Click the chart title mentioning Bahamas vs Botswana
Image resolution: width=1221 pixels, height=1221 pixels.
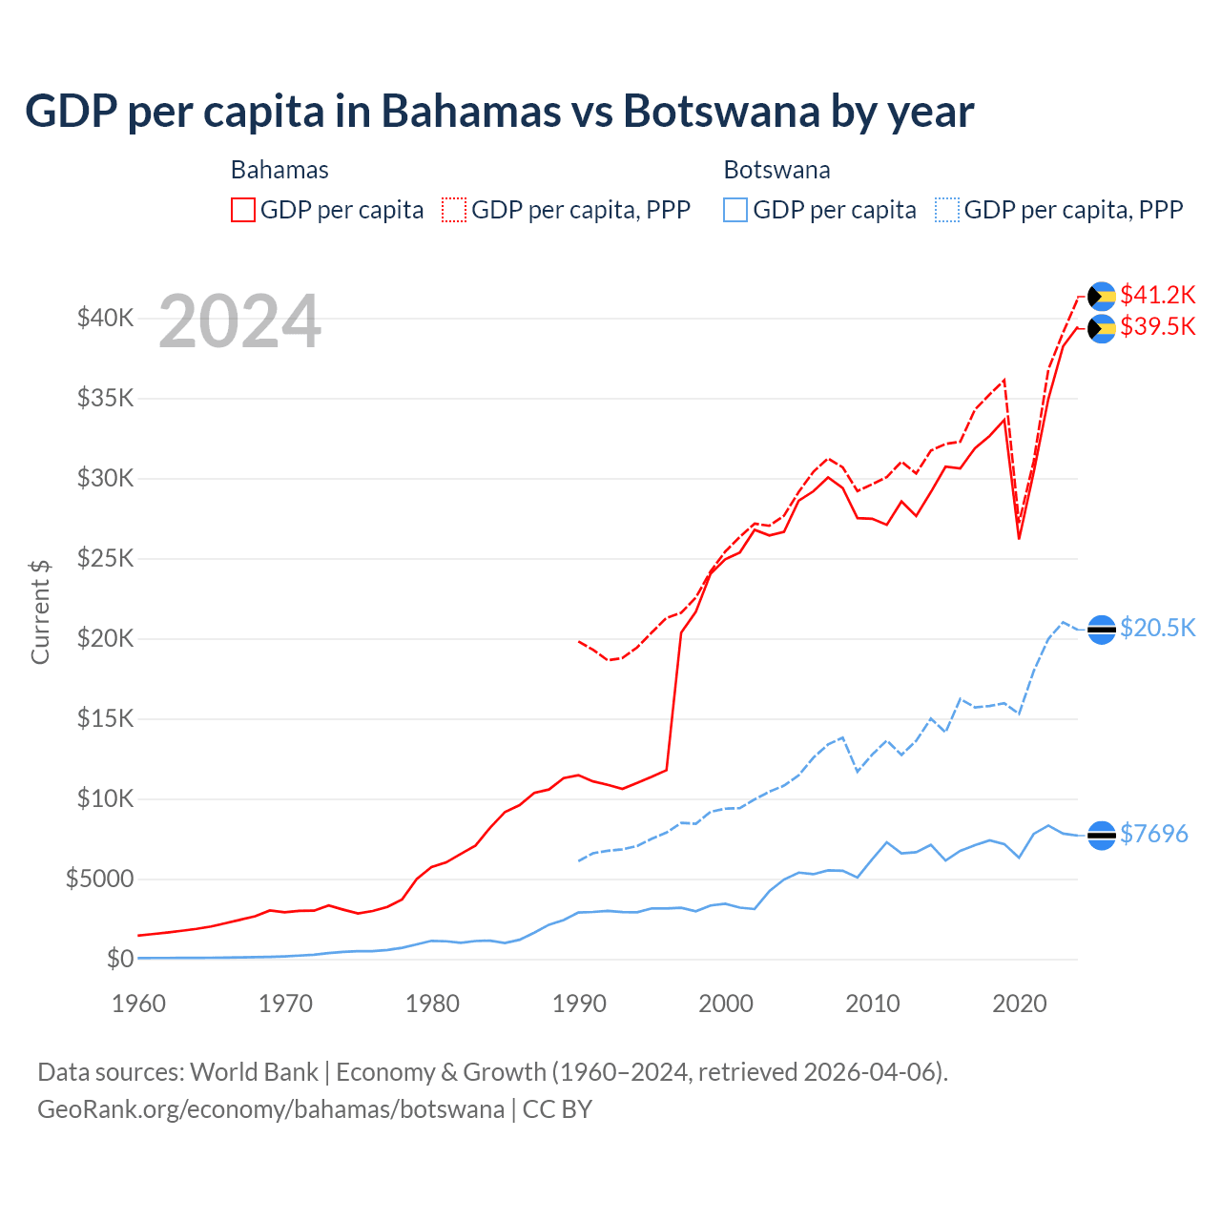(499, 112)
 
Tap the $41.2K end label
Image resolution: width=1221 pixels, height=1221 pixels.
(1157, 295)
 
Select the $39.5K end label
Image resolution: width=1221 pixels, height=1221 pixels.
(1157, 327)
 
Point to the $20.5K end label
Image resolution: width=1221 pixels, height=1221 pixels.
(1157, 628)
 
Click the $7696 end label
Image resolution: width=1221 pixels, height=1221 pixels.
(1153, 834)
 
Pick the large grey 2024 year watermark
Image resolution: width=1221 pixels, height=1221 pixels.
(239, 322)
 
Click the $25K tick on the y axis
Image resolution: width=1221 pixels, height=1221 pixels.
(105, 558)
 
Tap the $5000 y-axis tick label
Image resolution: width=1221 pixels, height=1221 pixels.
(99, 879)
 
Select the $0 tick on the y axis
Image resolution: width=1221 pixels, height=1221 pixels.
(119, 959)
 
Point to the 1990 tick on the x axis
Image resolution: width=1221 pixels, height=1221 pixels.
(579, 1004)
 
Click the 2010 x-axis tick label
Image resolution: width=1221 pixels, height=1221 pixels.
(873, 1004)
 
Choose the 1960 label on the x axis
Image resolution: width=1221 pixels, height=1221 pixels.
(139, 1004)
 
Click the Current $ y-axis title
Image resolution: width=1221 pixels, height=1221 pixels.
(40, 611)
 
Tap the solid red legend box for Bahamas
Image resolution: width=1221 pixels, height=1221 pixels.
(243, 210)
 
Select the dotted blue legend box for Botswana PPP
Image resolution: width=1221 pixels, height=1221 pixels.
(947, 210)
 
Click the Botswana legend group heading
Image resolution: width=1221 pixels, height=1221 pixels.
(776, 170)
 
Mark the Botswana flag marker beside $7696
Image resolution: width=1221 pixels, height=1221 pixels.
(1102, 835)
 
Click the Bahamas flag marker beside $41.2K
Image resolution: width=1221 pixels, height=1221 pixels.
(1102, 297)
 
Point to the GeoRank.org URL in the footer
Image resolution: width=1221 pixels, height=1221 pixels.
(271, 1109)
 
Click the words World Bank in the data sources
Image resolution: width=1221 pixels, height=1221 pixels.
(254, 1072)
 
